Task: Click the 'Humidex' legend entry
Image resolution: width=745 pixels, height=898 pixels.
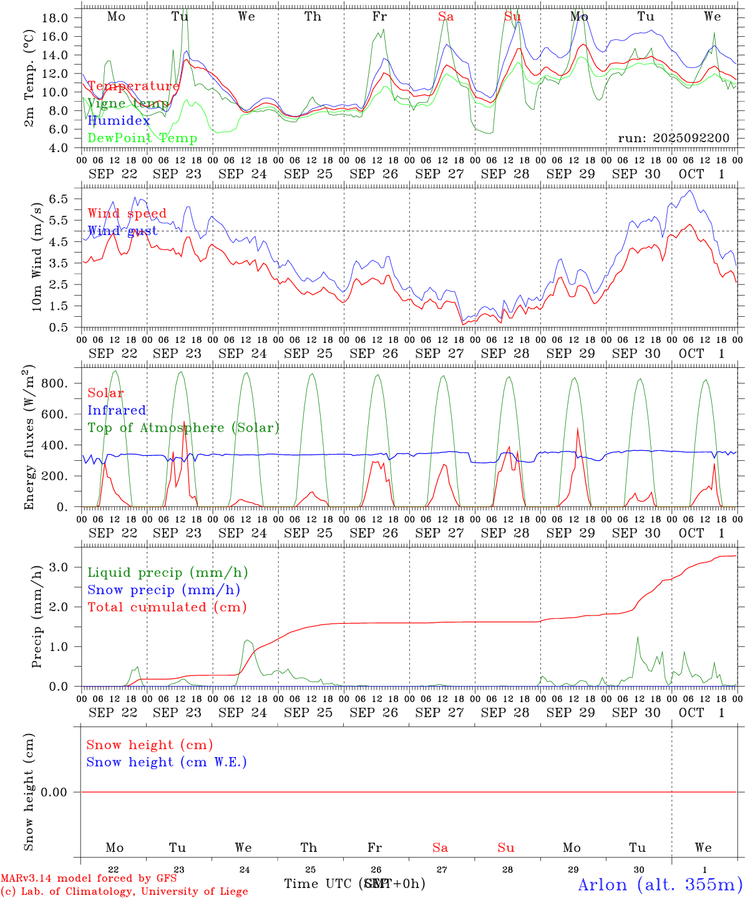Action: tap(119, 121)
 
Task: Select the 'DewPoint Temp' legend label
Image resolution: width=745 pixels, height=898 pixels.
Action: tap(142, 138)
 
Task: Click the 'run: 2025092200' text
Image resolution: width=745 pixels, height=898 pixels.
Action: tap(673, 138)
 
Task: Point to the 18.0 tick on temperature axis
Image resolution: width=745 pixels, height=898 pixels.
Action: tap(55, 17)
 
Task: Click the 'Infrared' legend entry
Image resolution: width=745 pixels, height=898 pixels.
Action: tap(117, 410)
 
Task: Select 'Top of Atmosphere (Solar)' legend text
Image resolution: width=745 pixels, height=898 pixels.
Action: tap(183, 428)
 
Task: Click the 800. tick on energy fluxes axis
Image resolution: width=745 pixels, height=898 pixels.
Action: tap(54, 383)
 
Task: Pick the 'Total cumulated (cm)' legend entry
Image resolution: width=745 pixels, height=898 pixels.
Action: tap(167, 607)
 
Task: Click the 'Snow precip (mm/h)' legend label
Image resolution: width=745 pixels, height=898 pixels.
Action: tap(164, 590)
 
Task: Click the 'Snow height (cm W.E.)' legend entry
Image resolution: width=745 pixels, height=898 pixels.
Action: tap(167, 762)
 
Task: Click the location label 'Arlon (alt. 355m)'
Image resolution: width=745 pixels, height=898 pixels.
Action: tap(660, 884)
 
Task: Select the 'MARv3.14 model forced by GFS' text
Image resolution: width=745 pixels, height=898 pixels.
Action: tap(89, 879)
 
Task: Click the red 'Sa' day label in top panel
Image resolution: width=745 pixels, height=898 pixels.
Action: tap(446, 17)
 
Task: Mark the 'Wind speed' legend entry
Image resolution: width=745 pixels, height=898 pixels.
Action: tap(127, 214)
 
